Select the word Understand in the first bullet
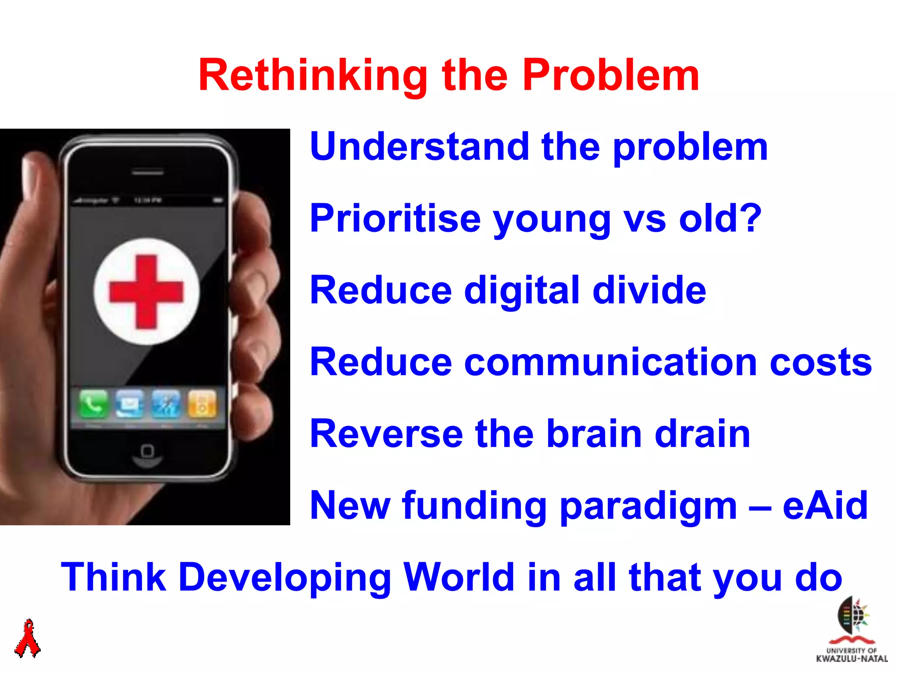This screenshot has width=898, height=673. pos(420,147)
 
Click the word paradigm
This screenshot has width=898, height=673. pos(649,506)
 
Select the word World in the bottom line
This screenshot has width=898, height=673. pos(459,577)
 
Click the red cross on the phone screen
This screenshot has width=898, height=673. pos(146,292)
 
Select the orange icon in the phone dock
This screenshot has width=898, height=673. pos(202,403)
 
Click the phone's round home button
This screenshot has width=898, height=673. pos(147,451)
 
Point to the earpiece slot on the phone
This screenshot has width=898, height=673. pos(148,173)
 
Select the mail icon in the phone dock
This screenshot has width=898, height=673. pos(129,403)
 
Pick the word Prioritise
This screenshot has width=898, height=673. pos(395,219)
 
